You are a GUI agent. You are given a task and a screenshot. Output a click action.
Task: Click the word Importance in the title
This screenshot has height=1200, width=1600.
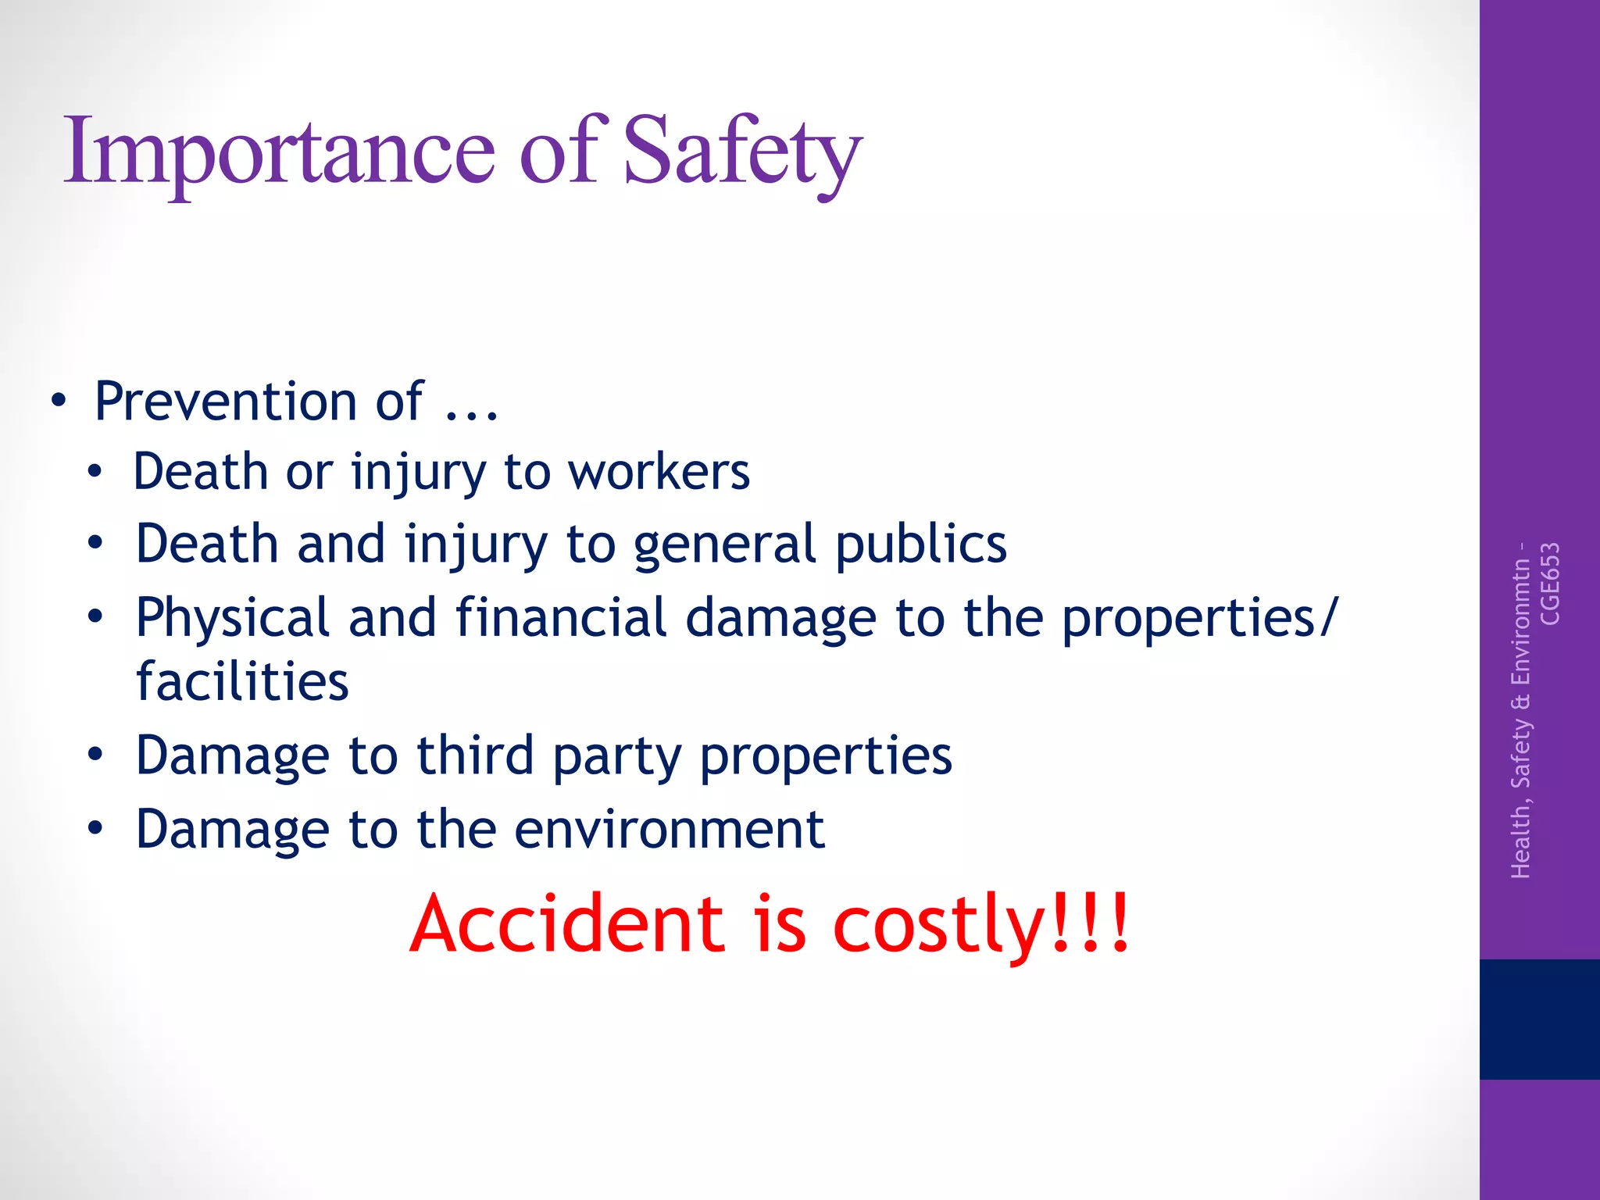point(279,151)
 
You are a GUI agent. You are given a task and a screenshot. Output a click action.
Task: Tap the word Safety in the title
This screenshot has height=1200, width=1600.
point(742,151)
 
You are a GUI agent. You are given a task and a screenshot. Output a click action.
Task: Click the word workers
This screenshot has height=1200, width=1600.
point(659,472)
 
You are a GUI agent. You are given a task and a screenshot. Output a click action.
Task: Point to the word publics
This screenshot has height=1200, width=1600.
point(921,545)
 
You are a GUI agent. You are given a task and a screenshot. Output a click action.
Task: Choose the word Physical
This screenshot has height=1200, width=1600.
point(232,618)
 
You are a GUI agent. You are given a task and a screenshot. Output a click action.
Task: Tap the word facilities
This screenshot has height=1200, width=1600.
point(242,681)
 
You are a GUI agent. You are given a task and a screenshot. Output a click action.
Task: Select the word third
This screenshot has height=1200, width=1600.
point(475,755)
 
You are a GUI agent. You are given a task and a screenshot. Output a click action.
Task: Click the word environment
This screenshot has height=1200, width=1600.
point(669,829)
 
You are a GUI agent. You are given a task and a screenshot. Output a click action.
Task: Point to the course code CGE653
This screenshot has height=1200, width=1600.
point(1549,584)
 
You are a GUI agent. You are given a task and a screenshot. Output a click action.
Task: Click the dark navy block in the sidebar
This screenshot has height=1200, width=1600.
point(1539,1019)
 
